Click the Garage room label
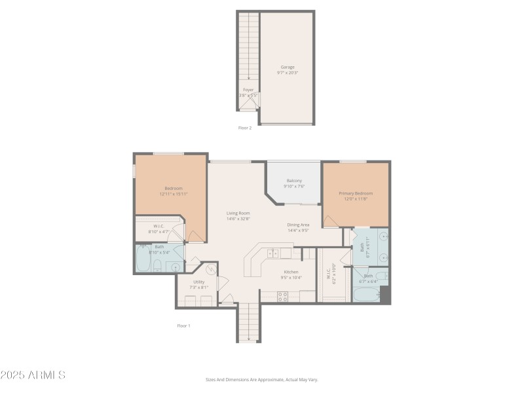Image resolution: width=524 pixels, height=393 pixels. [288, 67]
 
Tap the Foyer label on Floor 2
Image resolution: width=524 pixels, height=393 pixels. [248, 90]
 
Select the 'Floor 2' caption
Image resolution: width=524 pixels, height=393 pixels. [244, 128]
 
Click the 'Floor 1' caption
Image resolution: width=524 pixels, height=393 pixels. [183, 326]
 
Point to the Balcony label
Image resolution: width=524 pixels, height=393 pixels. [294, 181]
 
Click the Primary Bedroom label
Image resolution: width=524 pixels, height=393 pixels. [356, 193]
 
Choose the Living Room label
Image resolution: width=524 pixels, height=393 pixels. [238, 213]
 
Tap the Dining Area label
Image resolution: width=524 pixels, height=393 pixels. [298, 225]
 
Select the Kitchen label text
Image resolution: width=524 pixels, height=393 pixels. [291, 272]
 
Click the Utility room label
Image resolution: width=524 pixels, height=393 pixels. [198, 282]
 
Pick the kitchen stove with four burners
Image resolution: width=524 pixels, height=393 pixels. [283, 296]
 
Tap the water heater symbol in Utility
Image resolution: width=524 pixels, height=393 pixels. [212, 269]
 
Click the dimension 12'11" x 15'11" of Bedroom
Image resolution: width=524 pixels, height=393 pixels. [174, 194]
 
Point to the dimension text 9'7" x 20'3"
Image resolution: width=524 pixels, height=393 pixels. [288, 73]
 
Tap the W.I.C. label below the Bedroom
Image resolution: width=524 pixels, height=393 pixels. [159, 227]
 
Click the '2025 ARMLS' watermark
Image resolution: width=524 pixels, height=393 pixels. [33, 375]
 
